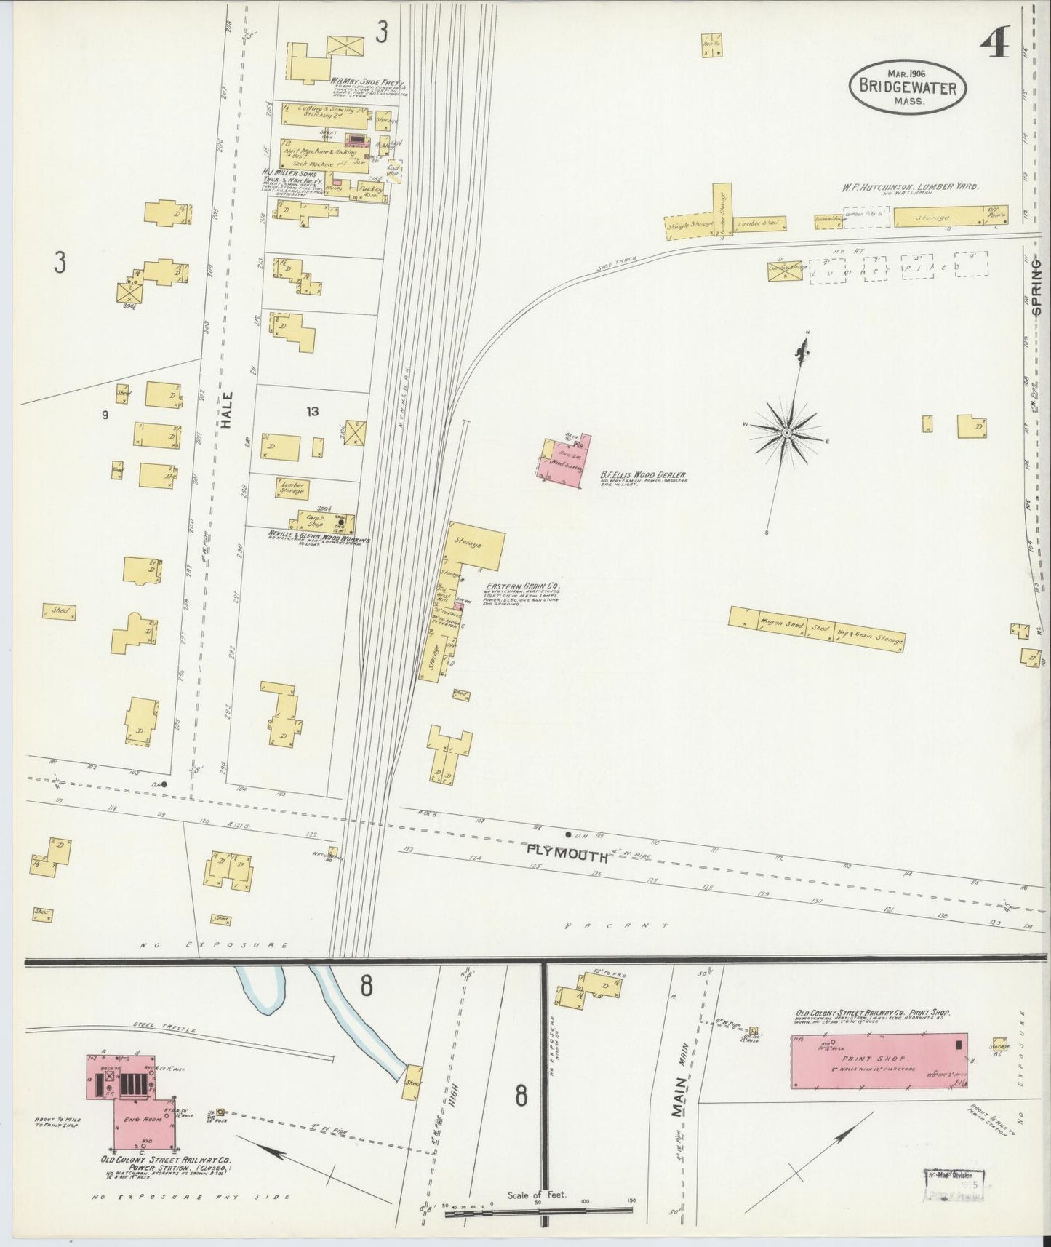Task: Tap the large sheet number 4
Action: point(993,45)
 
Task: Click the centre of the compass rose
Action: point(786,433)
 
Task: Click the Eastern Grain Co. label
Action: point(528,585)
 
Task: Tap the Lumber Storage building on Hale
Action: point(292,488)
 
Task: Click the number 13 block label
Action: point(313,412)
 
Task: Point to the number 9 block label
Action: point(105,415)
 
